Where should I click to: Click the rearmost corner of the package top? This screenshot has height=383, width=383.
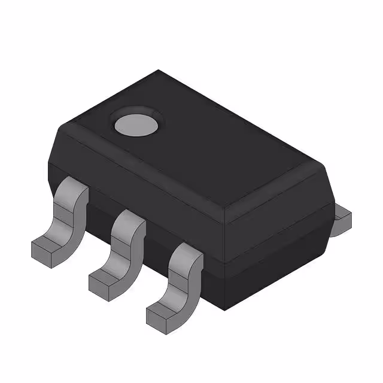click(158, 71)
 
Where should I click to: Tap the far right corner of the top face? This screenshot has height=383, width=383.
click(327, 169)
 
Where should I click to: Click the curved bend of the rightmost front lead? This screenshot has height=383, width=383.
click(179, 286)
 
